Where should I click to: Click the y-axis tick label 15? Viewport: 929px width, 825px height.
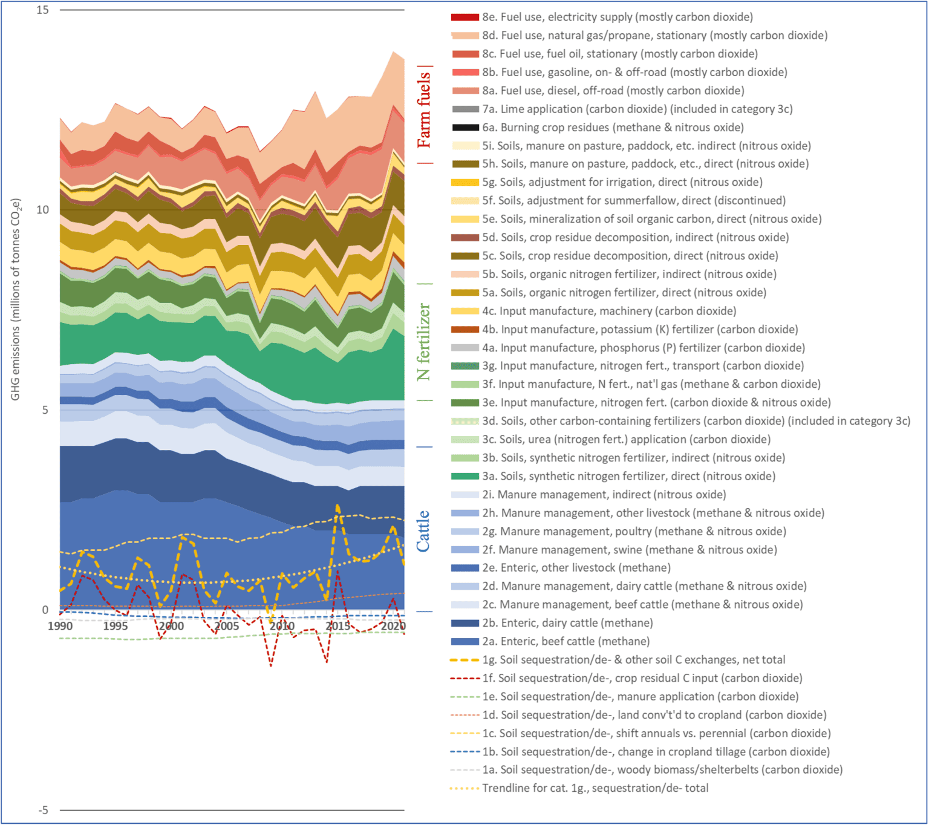pos(42,10)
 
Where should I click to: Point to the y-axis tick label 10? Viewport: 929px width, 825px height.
pos(42,210)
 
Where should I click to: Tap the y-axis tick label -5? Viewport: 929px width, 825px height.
pos(42,810)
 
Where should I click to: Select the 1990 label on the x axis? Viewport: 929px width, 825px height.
pos(60,626)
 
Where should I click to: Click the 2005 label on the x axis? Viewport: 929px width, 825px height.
pos(227,626)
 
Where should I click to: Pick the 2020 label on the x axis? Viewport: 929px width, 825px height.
pos(393,626)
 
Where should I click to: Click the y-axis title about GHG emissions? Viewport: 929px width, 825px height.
pos(16,299)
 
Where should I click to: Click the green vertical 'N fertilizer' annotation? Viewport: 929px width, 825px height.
pos(424,342)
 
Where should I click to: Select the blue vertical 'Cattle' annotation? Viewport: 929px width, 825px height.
pos(423,531)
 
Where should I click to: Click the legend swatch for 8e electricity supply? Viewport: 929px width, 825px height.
pos(464,18)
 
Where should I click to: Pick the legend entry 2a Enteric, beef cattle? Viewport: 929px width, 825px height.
pos(566,641)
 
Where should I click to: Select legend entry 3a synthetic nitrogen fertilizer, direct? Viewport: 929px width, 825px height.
pos(628,476)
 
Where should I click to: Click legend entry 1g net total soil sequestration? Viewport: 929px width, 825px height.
pos(633,660)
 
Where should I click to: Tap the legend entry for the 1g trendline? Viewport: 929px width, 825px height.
pos(595,788)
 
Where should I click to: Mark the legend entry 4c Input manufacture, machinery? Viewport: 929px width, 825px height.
pos(608,311)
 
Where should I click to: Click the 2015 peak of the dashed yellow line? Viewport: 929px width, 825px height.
pos(337,506)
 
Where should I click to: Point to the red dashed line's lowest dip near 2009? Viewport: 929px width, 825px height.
pos(271,665)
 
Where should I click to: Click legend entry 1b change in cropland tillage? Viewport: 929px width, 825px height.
pos(656,752)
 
